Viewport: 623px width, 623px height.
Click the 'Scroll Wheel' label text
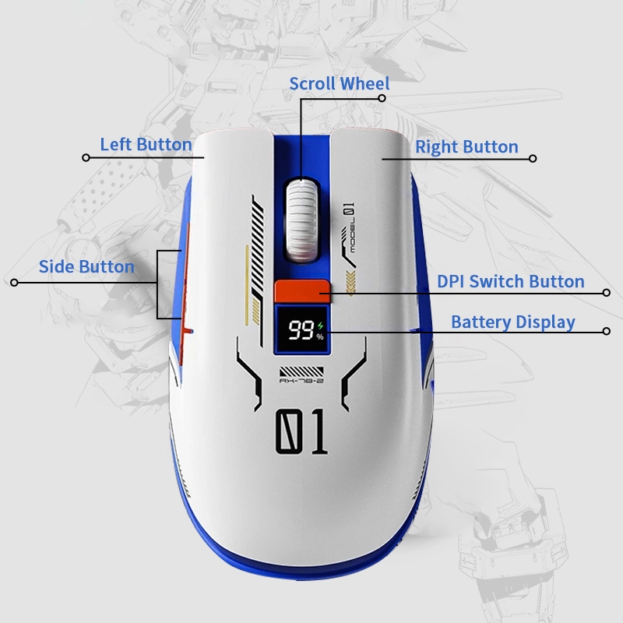(x=339, y=83)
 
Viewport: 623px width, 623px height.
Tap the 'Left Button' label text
(x=146, y=145)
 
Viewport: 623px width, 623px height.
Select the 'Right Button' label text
(x=466, y=147)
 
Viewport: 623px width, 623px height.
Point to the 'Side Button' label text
(x=86, y=267)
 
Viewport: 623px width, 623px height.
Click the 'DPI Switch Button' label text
(x=510, y=282)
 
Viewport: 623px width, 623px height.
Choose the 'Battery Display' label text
(x=512, y=322)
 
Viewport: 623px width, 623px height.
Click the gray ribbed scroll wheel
(x=302, y=218)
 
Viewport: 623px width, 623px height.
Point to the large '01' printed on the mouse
(x=301, y=431)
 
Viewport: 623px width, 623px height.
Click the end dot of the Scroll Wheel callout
(x=382, y=98)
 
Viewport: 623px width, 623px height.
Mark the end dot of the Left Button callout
(x=86, y=158)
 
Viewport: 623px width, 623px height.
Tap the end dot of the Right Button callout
(x=533, y=158)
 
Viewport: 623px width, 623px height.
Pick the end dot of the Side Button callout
(x=13, y=282)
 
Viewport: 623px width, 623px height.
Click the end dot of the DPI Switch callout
(x=607, y=293)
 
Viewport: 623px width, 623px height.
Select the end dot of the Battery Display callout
(x=607, y=331)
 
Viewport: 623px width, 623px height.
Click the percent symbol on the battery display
(x=319, y=336)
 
